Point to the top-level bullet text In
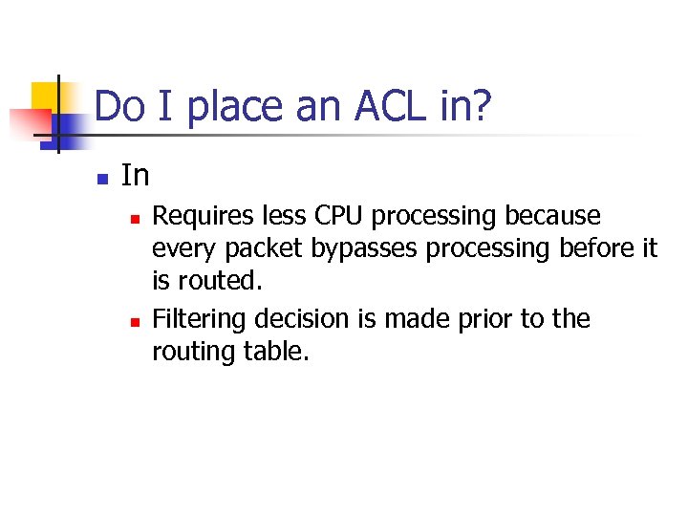click(136, 176)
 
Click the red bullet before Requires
click(136, 220)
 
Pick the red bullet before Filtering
click(136, 320)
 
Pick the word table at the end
click(278, 352)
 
